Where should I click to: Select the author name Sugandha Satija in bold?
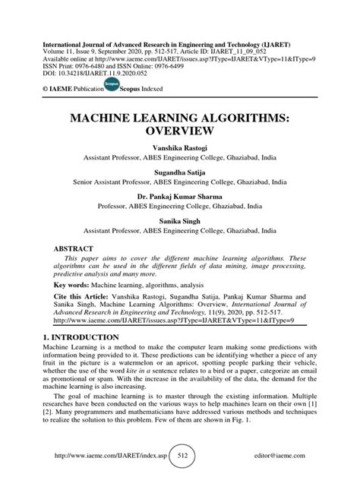[179, 172]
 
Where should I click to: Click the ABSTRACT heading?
[74, 248]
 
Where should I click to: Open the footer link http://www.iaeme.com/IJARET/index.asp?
[106, 457]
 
